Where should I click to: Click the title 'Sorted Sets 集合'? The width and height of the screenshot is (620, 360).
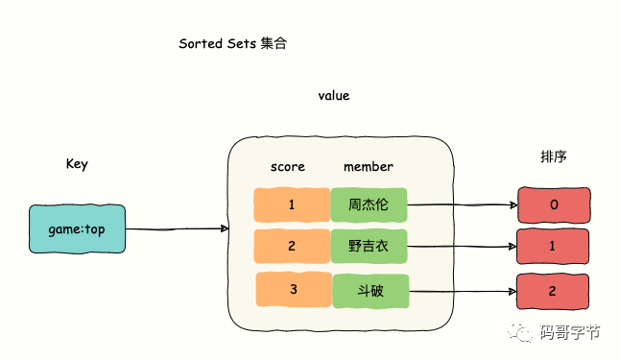(x=232, y=44)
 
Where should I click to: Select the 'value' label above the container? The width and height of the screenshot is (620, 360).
(x=334, y=96)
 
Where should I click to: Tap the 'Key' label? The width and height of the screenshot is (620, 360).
(x=77, y=163)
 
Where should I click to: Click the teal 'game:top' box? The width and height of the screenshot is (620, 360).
(x=77, y=229)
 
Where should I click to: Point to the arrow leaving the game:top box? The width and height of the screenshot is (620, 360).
(x=177, y=229)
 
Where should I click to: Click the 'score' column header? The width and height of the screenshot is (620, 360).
(x=287, y=166)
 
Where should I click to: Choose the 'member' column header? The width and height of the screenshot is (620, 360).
(x=369, y=166)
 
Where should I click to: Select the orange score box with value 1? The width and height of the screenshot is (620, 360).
(x=292, y=204)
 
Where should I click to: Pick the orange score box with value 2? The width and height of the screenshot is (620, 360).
(x=292, y=246)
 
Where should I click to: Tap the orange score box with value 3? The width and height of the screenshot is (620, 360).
(x=294, y=290)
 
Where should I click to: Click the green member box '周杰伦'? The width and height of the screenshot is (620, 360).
(x=369, y=204)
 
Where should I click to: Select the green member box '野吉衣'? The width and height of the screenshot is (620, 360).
(x=370, y=247)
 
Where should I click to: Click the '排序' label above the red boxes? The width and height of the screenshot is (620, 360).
(x=554, y=156)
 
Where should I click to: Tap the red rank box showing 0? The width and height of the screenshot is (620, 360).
(x=554, y=204)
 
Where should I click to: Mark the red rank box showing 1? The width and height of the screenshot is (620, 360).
(x=554, y=247)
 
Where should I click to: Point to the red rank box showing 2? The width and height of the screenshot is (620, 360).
(x=554, y=291)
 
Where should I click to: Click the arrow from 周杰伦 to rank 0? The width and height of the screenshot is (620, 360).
(x=461, y=204)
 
